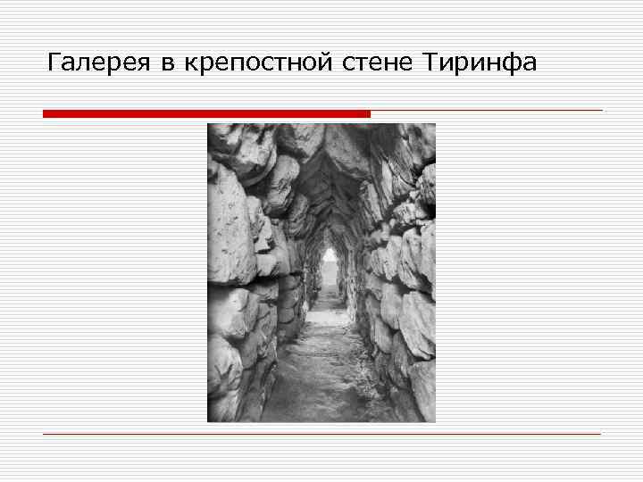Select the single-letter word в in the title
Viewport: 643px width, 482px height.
point(169,64)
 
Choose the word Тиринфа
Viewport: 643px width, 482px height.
point(480,63)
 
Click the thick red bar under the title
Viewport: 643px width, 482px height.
point(205,114)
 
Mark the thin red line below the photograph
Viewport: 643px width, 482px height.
point(321,434)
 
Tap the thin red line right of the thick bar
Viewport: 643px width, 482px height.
point(487,111)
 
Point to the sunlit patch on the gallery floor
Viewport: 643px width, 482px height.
point(327,357)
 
